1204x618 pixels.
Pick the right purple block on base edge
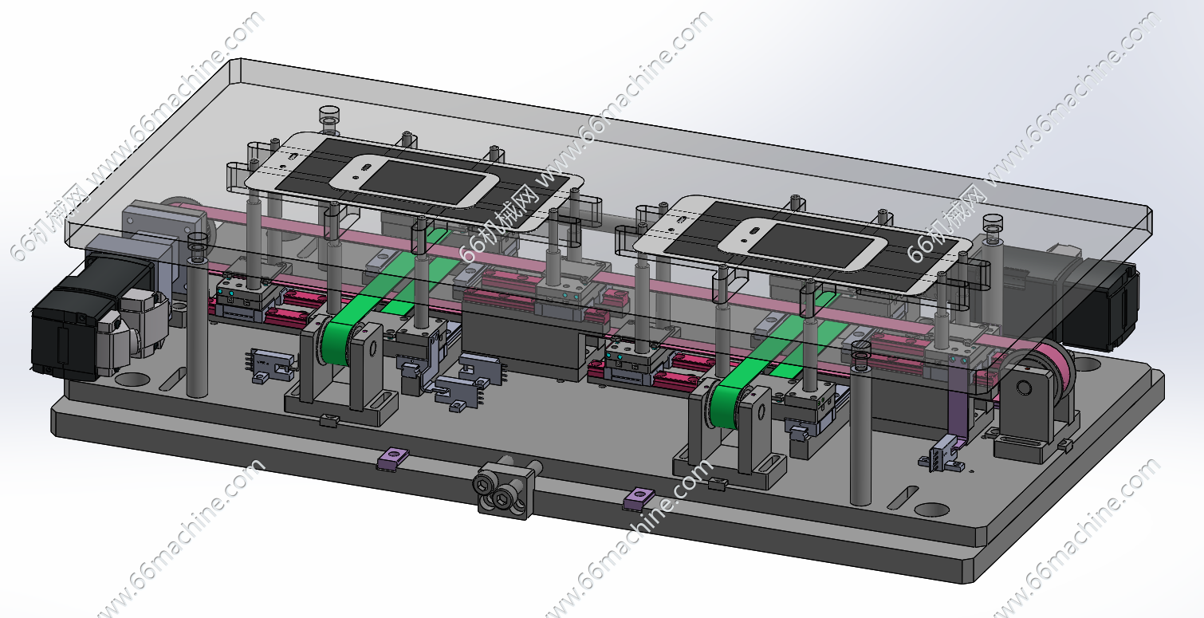tap(638, 499)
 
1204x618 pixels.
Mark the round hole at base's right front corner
tap(931, 509)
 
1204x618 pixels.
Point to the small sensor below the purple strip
tap(941, 459)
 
